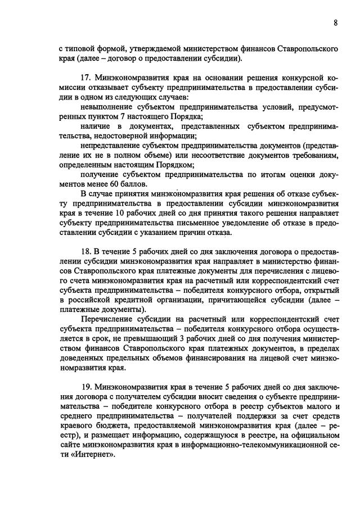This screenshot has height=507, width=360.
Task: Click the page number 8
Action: tap(335, 23)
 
